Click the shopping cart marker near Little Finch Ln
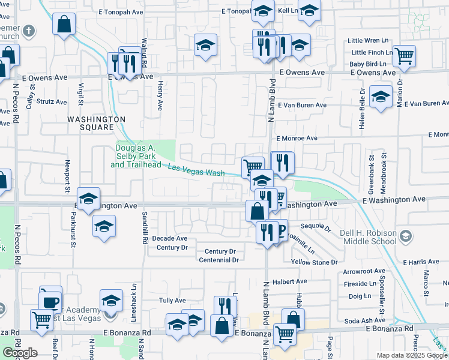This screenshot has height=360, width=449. (405, 56)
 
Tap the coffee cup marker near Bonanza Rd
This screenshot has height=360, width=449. (51, 301)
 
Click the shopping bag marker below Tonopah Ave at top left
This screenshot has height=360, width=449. (64, 25)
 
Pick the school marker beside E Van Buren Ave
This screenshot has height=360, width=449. (381, 97)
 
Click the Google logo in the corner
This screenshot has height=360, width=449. (19, 352)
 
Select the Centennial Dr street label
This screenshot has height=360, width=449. (218, 260)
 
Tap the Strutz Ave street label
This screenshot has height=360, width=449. (51, 102)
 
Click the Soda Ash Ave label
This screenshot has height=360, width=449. (365, 321)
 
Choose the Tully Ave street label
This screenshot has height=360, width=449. (172, 300)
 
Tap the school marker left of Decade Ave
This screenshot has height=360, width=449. (104, 227)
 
